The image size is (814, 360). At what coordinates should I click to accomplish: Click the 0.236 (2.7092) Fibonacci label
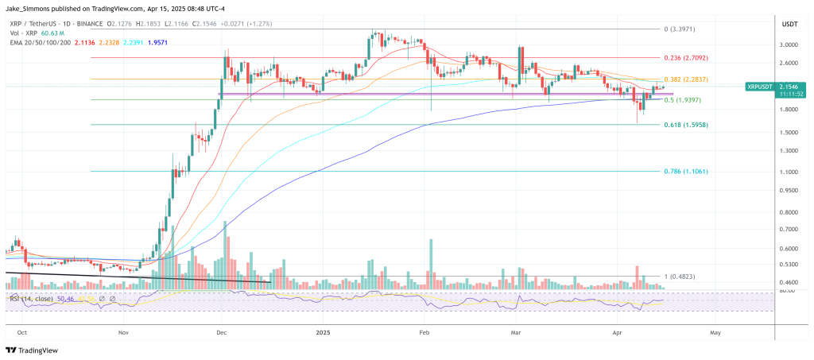coord(685,58)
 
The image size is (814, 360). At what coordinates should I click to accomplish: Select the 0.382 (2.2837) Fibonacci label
coord(685,79)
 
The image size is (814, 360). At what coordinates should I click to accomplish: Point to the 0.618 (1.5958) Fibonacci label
coord(685,125)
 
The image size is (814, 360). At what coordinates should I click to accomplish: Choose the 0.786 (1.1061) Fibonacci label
coord(685,172)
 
